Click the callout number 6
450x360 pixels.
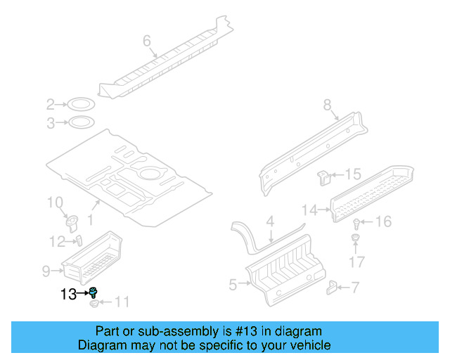147,41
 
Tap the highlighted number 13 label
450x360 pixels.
68,294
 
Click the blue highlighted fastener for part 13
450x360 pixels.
93,292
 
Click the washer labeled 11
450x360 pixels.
94,303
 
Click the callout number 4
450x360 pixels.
269,223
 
